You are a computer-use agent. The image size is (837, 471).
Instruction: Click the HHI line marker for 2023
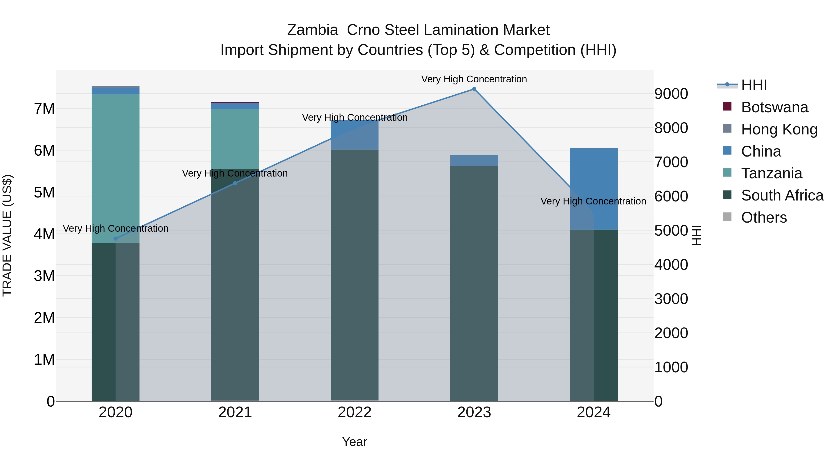[474, 89]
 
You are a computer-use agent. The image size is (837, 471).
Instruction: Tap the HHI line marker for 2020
[116, 239]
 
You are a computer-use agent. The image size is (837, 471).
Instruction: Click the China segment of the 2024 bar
[594, 189]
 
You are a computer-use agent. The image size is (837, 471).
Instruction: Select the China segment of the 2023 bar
[474, 160]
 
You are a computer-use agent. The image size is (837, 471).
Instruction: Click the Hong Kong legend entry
[779, 129]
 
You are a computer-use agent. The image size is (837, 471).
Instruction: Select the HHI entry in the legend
[754, 85]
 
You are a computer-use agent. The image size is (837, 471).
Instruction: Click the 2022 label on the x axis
[355, 412]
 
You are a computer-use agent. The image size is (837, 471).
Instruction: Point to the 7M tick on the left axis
[44, 109]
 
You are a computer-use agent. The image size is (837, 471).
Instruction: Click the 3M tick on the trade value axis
[44, 276]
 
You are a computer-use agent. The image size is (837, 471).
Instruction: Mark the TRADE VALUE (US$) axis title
[7, 235]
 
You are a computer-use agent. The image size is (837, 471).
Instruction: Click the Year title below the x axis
[355, 442]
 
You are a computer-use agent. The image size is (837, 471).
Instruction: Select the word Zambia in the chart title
[312, 30]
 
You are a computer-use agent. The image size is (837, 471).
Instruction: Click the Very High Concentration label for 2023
[474, 79]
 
